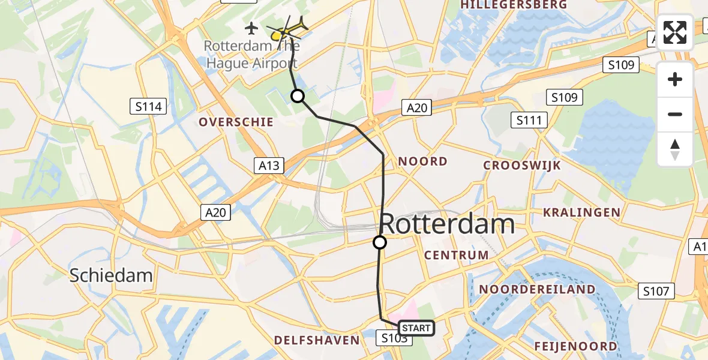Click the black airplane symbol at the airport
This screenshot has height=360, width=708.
(251, 28)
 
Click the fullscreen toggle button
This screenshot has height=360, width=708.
(675, 32)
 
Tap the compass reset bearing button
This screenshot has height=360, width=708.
(675, 149)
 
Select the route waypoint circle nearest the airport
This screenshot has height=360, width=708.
(298, 96)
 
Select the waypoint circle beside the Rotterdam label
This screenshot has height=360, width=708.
(380, 242)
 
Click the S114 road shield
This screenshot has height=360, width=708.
(148, 107)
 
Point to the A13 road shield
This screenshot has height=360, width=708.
(269, 166)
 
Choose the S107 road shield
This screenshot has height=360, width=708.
(655, 292)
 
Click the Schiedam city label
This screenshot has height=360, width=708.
(111, 275)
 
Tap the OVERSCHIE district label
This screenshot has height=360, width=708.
(236, 122)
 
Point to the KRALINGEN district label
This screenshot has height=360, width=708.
(581, 212)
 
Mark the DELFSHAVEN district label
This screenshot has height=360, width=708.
(317, 340)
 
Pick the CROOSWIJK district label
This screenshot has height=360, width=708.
(521, 166)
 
